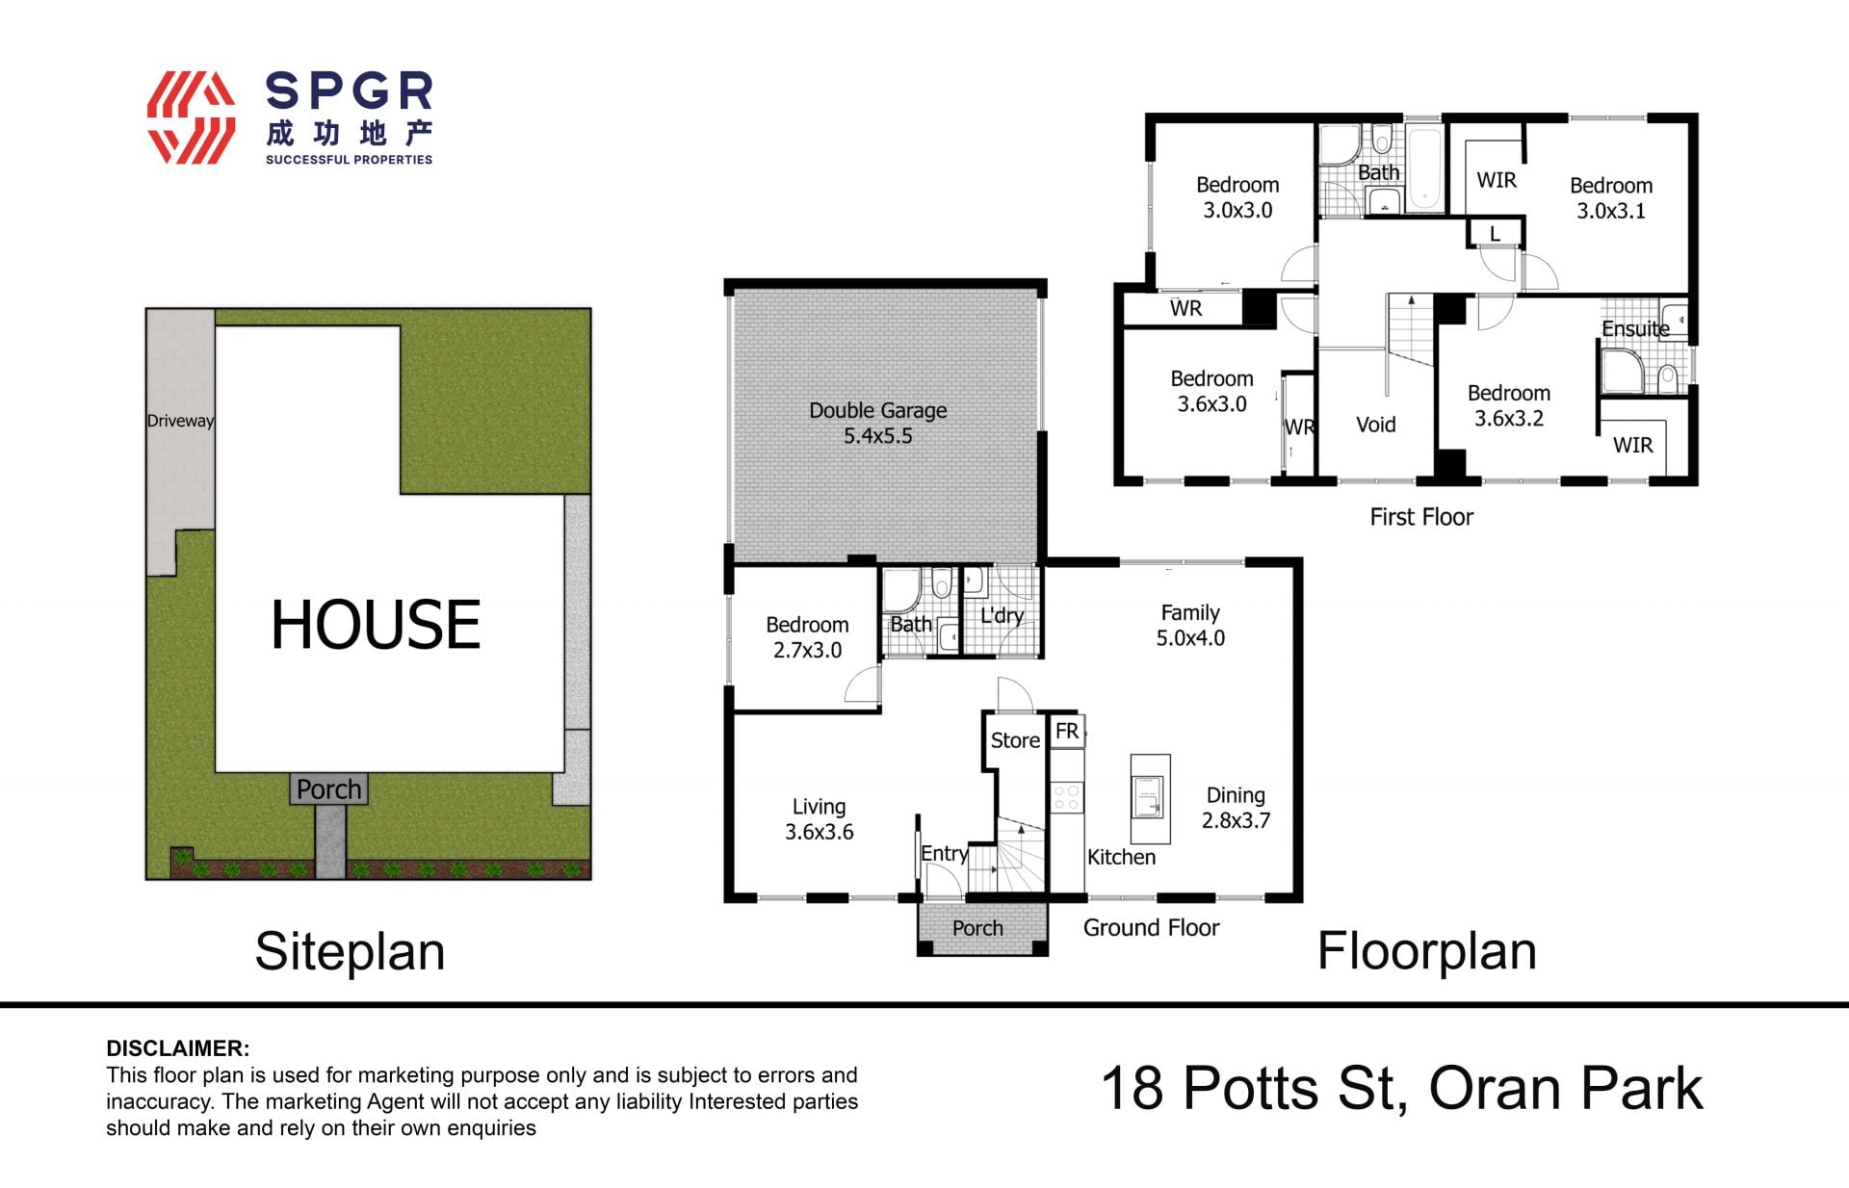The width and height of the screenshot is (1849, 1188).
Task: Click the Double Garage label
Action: click(877, 423)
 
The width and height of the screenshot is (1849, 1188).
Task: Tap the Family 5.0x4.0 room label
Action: click(1190, 625)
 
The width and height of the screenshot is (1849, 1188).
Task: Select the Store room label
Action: click(1015, 740)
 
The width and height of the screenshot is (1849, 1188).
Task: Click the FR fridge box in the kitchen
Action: click(1067, 732)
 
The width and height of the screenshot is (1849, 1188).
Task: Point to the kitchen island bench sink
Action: click(1150, 798)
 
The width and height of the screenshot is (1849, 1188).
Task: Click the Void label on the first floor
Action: click(1375, 425)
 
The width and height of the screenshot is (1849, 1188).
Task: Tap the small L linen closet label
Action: click(1495, 233)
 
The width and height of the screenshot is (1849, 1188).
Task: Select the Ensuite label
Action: click(1635, 328)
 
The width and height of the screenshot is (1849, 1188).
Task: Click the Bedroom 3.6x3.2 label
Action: click(1509, 405)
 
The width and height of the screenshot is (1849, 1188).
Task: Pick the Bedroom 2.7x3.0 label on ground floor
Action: click(807, 637)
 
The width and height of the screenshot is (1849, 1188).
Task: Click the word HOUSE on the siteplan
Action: click(376, 624)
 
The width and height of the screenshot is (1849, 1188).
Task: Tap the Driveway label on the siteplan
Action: click(180, 421)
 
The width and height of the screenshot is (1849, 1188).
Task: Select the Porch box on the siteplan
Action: click(328, 789)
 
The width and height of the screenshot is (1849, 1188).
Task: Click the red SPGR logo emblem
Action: click(191, 117)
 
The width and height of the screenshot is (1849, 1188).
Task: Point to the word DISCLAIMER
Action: click(177, 1048)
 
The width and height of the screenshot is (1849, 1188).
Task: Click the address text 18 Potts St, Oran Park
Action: click(1402, 1089)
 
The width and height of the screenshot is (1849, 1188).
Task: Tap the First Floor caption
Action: click(1421, 517)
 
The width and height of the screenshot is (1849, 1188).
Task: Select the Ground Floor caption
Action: click(1151, 927)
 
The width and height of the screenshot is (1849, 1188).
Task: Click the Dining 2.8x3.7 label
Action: click(1236, 808)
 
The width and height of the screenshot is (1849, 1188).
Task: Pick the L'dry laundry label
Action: click(1002, 616)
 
